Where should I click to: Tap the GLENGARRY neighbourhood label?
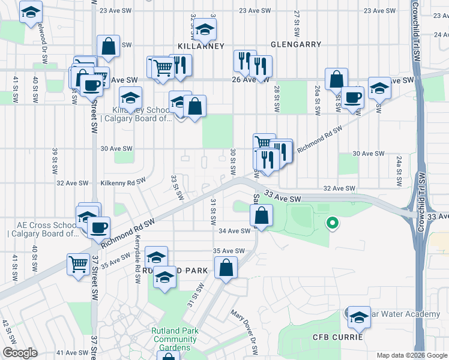295,45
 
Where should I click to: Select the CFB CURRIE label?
338,337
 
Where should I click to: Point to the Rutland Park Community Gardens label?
175,339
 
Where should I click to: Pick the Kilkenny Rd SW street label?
123,181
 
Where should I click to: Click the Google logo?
19,353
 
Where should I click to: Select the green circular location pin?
331,224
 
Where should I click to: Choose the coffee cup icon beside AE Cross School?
98,227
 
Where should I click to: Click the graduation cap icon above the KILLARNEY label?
205,29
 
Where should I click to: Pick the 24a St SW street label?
399,172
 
